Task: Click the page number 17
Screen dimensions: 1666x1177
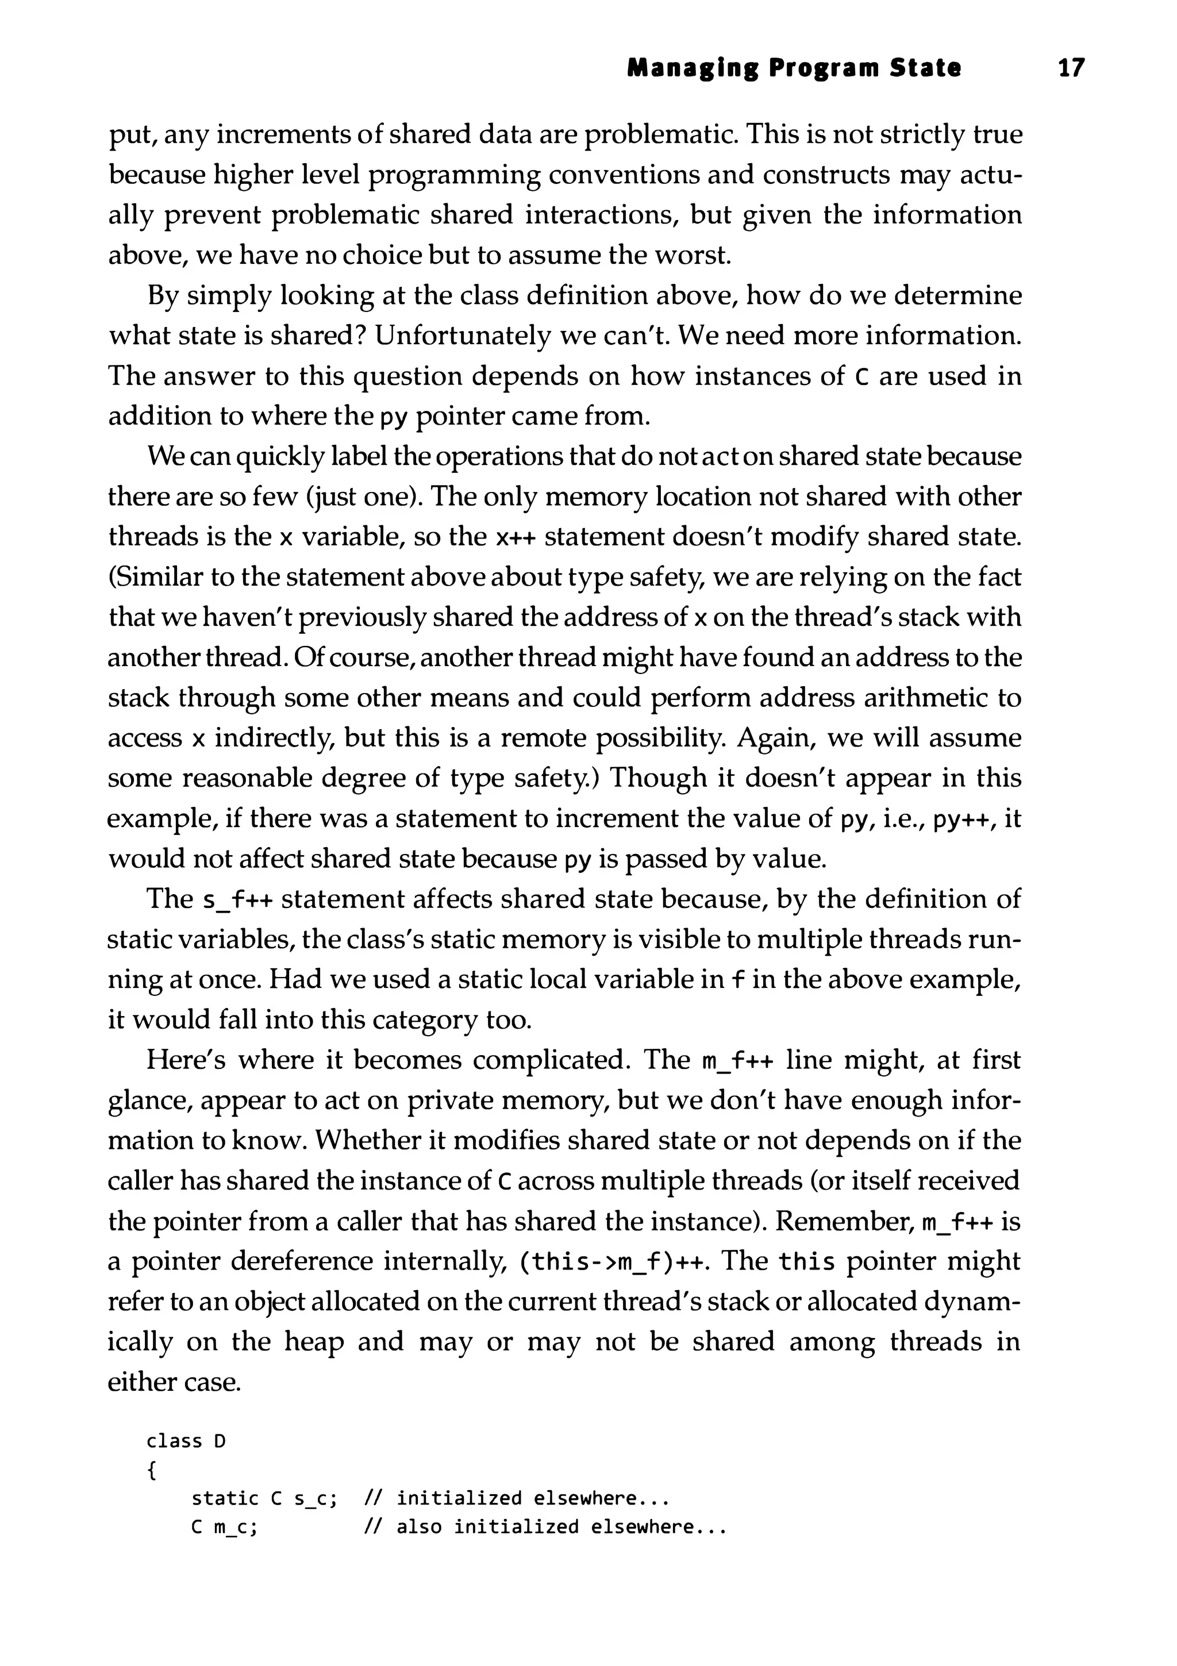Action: (x=1071, y=68)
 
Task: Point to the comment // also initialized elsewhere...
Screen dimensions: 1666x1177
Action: (x=544, y=1527)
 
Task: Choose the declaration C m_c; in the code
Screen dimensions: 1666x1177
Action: (x=224, y=1527)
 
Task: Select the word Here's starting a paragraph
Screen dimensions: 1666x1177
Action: (x=186, y=1060)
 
